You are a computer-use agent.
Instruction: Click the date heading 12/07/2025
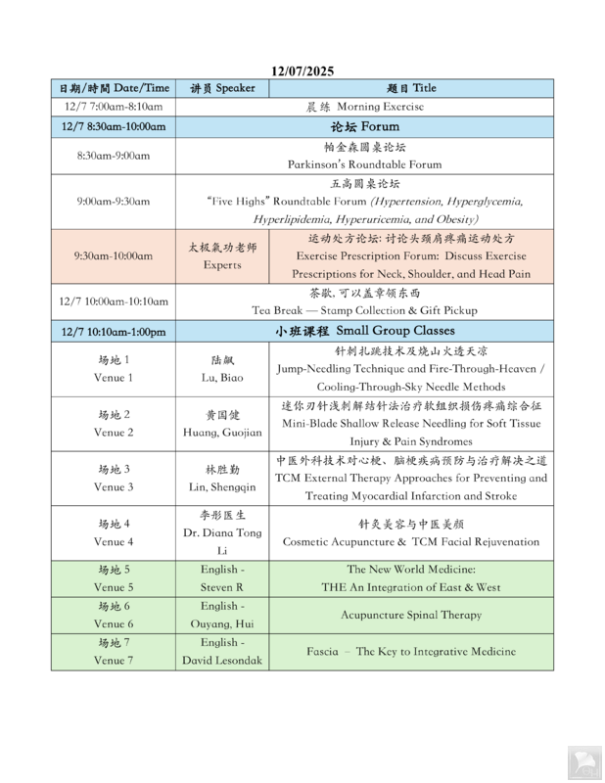(x=302, y=70)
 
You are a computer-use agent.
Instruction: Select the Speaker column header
(x=222, y=88)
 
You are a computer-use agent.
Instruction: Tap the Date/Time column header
(x=114, y=88)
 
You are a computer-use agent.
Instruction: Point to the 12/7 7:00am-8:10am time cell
(x=114, y=107)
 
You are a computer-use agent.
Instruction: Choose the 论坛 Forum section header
(x=365, y=126)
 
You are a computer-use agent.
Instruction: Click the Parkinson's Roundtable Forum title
(x=364, y=165)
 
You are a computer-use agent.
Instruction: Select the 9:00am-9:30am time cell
(x=114, y=202)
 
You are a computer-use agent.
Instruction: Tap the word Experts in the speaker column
(x=222, y=265)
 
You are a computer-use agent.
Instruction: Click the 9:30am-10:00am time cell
(x=114, y=256)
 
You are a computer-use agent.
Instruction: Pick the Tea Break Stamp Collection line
(x=364, y=310)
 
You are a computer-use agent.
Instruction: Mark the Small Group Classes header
(x=365, y=331)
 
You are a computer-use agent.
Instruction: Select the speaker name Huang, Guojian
(x=222, y=433)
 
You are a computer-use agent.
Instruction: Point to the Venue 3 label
(x=114, y=487)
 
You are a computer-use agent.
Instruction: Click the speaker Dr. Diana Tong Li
(x=222, y=533)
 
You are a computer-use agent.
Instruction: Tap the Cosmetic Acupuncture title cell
(x=411, y=542)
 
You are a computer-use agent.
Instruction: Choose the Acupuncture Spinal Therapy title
(x=411, y=616)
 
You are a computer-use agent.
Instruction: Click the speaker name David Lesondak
(x=222, y=661)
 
